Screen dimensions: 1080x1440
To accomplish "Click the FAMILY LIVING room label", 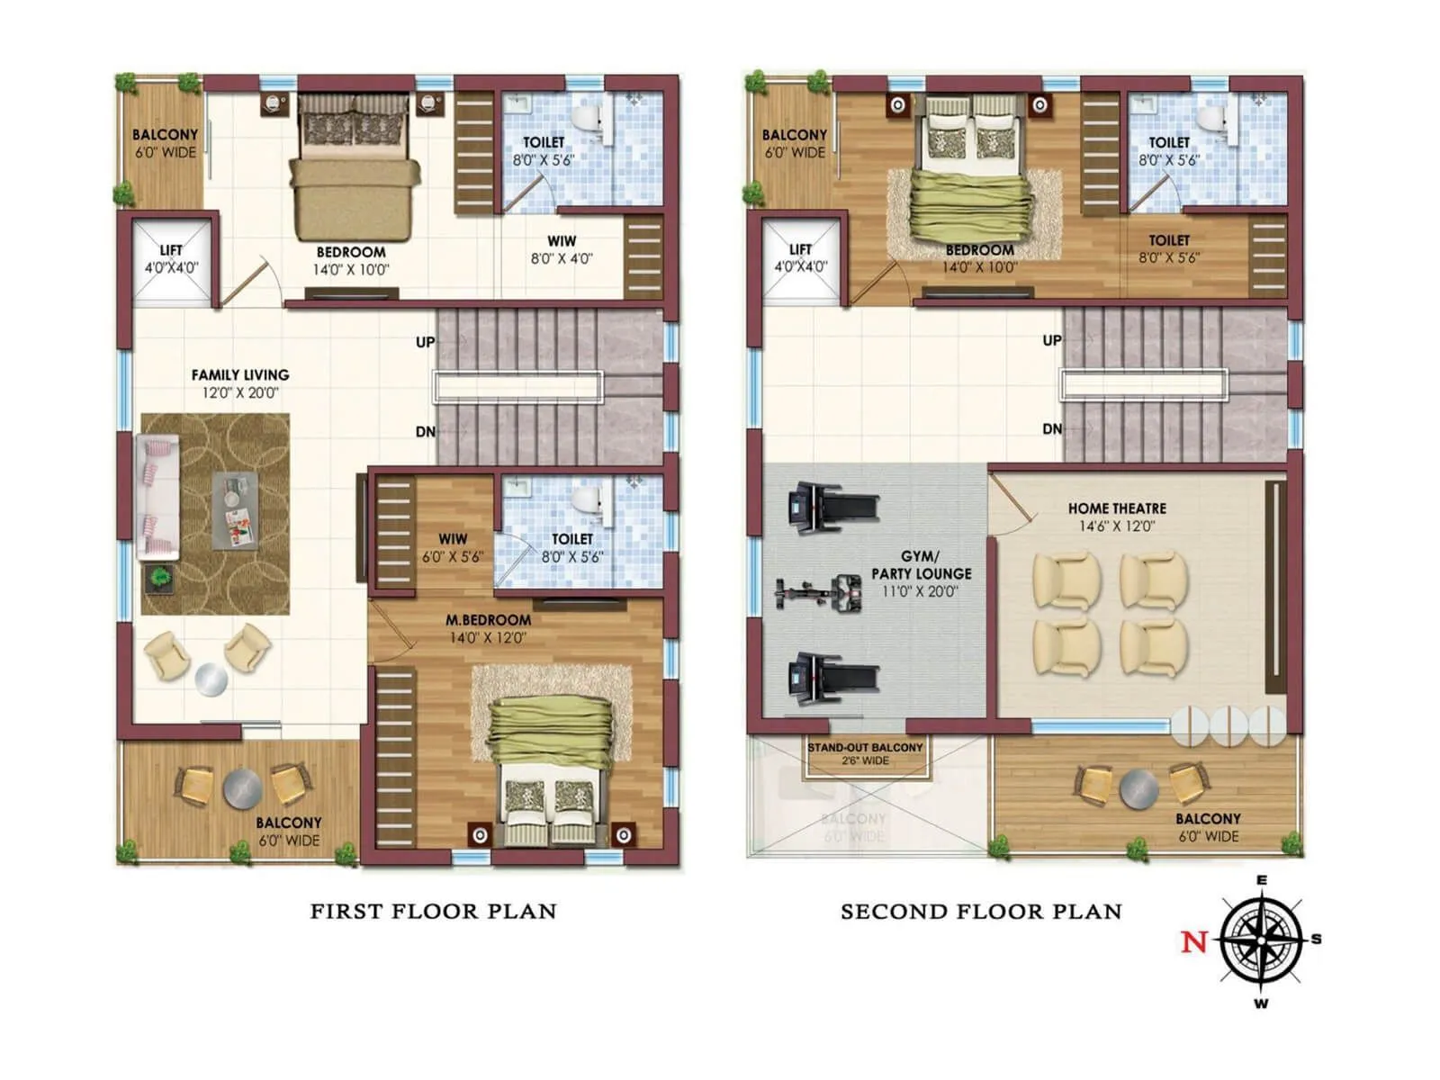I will click(x=240, y=374).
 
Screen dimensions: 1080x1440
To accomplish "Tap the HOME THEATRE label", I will click(x=1117, y=508).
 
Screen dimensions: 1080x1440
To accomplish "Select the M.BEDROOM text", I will click(x=488, y=620).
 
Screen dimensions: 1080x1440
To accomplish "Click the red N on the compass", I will click(x=1193, y=941).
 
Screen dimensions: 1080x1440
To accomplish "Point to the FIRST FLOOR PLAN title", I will click(x=433, y=911).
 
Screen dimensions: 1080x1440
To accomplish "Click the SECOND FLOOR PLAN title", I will click(x=981, y=911).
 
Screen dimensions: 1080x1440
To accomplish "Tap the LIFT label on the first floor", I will click(x=171, y=250).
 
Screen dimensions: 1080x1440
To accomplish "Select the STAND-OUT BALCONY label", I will click(x=865, y=748).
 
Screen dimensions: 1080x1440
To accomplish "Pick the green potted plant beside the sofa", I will click(x=161, y=576).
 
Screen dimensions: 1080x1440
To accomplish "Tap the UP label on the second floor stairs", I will click(x=1051, y=340).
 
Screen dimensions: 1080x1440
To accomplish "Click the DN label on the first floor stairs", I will click(x=425, y=432).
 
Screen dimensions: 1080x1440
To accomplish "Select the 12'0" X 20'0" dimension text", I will click(x=240, y=393).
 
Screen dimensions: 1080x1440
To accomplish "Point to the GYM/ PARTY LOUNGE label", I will click(x=921, y=565).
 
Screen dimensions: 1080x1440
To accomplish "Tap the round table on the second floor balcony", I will click(x=1139, y=789).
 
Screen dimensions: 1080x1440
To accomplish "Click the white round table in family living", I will click(x=211, y=679).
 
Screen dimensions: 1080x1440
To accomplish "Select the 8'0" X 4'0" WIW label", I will click(x=562, y=250).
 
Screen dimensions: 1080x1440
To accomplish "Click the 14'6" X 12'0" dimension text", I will click(x=1117, y=526).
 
